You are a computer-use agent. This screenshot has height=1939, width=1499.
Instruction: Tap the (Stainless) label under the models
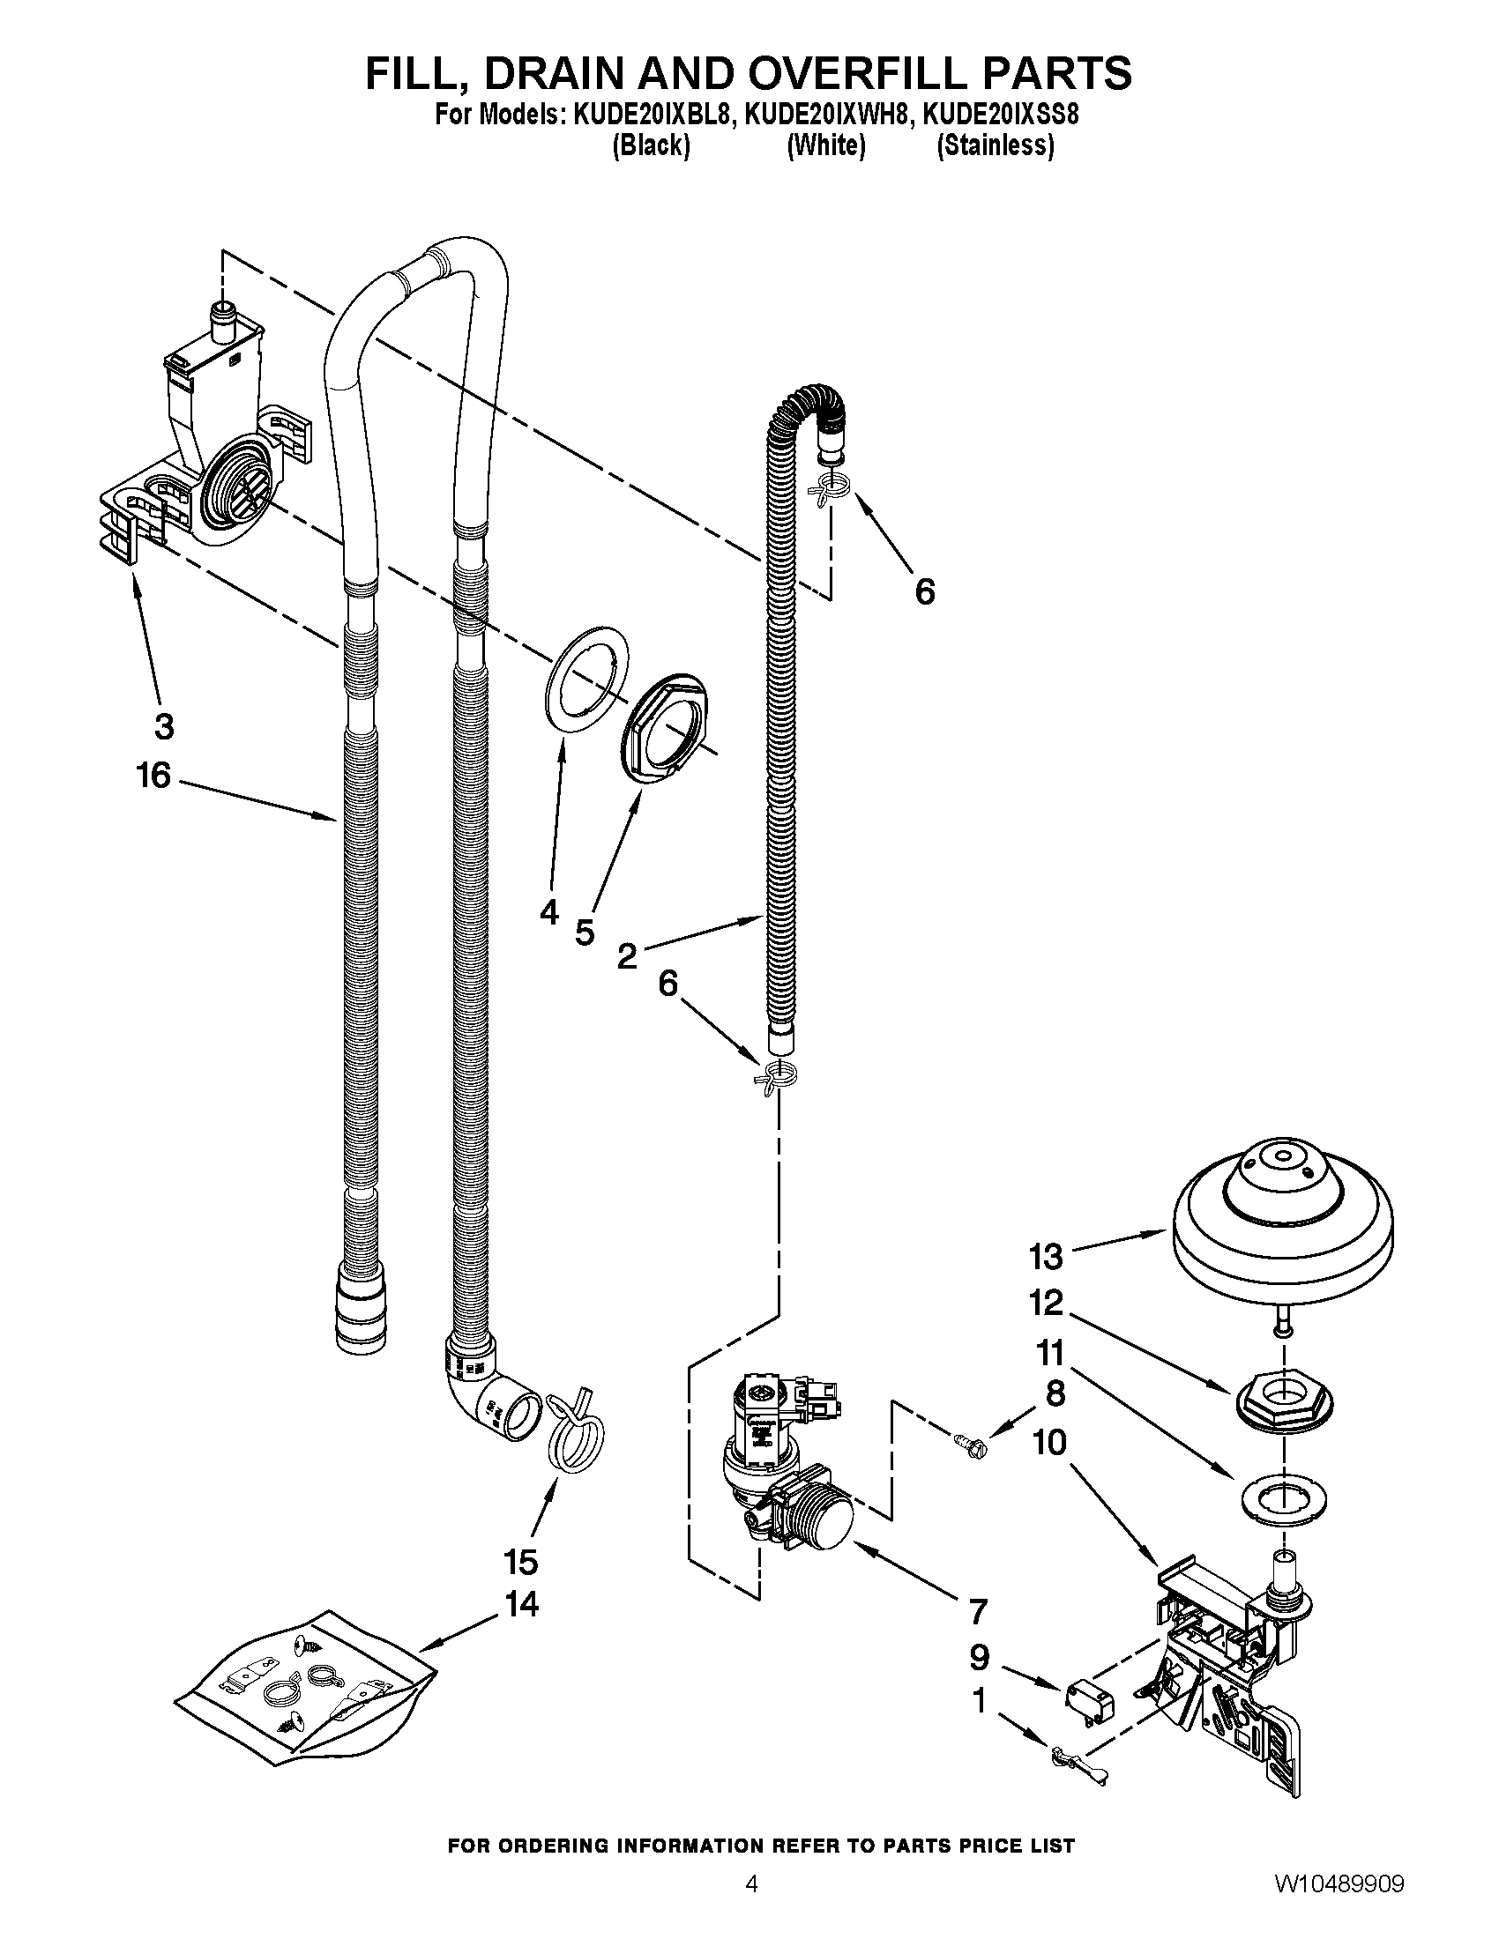996,145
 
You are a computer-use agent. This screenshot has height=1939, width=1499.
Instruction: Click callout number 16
153,776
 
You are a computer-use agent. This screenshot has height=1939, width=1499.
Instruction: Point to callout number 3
163,726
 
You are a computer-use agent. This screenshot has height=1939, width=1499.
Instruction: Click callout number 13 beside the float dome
1046,1256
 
